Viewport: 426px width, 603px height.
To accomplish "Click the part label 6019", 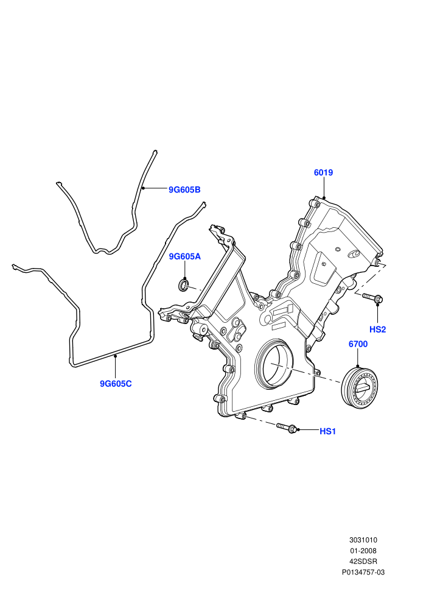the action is tap(323, 172).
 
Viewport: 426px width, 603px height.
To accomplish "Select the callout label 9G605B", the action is tap(184, 189).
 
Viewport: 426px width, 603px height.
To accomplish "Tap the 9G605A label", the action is tap(185, 256).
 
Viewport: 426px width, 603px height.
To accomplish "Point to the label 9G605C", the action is tap(116, 383).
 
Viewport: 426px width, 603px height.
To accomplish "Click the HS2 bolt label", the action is tap(377, 329).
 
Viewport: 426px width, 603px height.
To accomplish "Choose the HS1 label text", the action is tap(327, 431).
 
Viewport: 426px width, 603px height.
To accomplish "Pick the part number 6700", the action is tap(358, 344).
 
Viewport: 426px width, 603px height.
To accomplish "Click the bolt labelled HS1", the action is tap(287, 427).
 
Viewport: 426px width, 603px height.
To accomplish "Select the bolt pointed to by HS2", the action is tap(372, 297).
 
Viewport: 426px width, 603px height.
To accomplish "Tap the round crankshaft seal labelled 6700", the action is tap(360, 387).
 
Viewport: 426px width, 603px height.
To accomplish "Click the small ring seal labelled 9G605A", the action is tap(184, 285).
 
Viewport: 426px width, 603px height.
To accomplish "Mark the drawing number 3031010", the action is tap(363, 540).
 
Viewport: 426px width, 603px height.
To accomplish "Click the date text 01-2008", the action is tap(363, 551).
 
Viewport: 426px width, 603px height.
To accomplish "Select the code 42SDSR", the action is tap(363, 562).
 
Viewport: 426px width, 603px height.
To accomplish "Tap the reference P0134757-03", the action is tap(363, 572).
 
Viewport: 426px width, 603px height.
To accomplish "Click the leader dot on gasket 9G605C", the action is tap(115, 356).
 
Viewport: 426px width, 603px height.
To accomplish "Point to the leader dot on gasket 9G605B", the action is tap(143, 188).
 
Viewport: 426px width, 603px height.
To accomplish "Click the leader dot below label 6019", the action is tap(324, 198).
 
